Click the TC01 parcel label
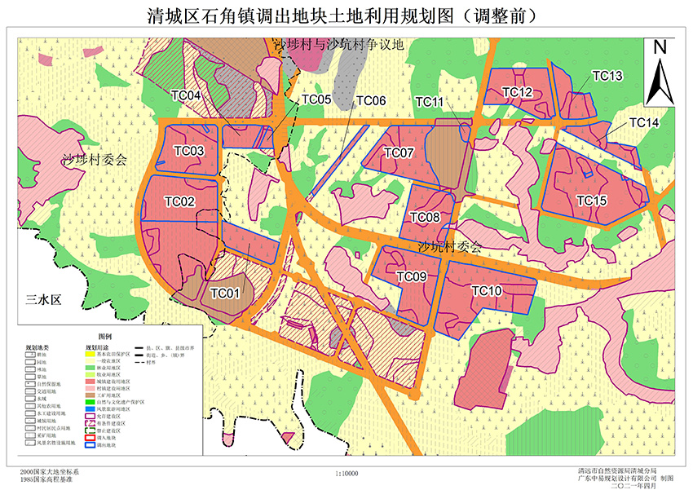coord(225,293)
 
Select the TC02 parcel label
coord(179,201)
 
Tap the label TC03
coord(189,151)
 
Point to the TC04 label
coord(187,95)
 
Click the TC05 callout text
coord(316,100)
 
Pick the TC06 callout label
coord(370,100)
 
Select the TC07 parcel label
coord(399,152)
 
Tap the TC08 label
coord(425,217)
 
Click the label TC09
coord(412,277)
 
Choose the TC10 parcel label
coord(487,291)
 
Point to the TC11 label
coord(430,101)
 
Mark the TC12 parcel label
coord(517,92)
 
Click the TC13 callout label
coord(607,76)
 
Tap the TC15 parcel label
coord(592,200)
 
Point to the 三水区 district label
coord(43,299)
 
